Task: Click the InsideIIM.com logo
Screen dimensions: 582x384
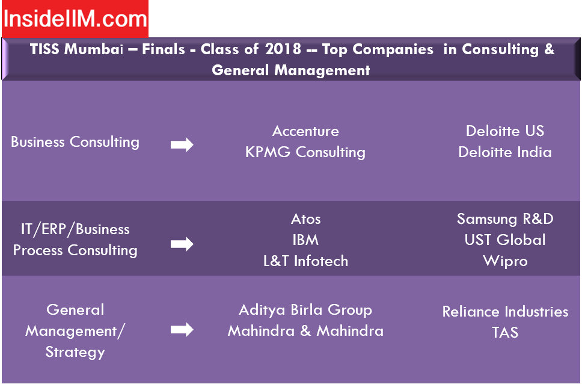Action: click(x=75, y=19)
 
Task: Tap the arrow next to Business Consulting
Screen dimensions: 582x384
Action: click(x=182, y=144)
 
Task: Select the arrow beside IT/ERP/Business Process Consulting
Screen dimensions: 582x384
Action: click(x=182, y=244)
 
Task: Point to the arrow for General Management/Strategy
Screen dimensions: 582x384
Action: click(x=182, y=329)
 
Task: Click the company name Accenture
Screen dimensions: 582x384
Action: click(x=305, y=131)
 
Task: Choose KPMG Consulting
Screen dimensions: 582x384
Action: click(x=305, y=152)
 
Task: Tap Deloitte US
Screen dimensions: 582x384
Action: click(x=505, y=131)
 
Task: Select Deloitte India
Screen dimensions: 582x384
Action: click(x=505, y=152)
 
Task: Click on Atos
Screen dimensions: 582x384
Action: click(x=305, y=219)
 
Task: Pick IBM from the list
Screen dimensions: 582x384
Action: click(x=305, y=240)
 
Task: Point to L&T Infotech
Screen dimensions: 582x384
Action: click(x=305, y=261)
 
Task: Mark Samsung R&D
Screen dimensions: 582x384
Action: click(x=505, y=219)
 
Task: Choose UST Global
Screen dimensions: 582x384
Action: click(x=505, y=240)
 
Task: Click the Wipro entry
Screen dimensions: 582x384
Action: click(x=505, y=261)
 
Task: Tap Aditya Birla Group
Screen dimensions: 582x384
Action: click(x=305, y=310)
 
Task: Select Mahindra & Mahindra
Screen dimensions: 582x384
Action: click(x=305, y=331)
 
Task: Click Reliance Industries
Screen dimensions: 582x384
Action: click(x=505, y=312)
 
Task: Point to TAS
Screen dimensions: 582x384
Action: click(x=505, y=332)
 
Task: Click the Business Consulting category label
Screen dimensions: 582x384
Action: click(x=75, y=142)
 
